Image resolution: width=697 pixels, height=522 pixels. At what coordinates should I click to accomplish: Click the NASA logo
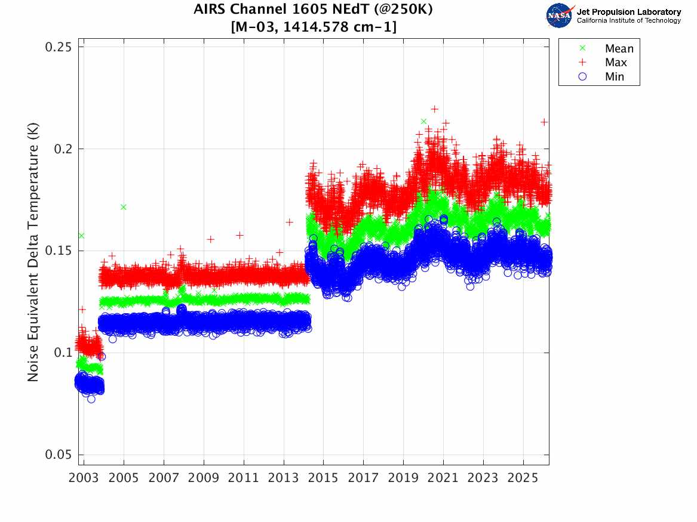pos(560,16)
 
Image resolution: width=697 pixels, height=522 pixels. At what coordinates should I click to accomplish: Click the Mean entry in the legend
pos(619,49)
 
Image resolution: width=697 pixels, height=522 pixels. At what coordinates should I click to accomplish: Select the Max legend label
pos(616,63)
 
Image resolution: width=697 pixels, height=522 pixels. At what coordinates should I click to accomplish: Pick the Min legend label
pos(615,77)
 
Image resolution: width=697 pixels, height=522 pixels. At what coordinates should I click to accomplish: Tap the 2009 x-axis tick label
pos(204,478)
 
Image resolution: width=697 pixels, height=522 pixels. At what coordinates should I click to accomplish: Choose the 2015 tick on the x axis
pos(324,478)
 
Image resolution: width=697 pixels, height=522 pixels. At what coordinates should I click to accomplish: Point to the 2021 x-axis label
pos(443,478)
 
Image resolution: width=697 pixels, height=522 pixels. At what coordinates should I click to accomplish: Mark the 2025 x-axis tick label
pos(523,478)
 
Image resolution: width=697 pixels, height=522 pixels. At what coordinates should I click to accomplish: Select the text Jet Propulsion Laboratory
pos(628,12)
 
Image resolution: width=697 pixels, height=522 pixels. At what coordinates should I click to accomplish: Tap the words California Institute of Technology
pos(628,20)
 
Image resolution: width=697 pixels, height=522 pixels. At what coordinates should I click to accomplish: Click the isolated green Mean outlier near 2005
pos(124,207)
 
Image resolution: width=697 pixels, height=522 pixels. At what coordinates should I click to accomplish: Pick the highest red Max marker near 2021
pos(434,109)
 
